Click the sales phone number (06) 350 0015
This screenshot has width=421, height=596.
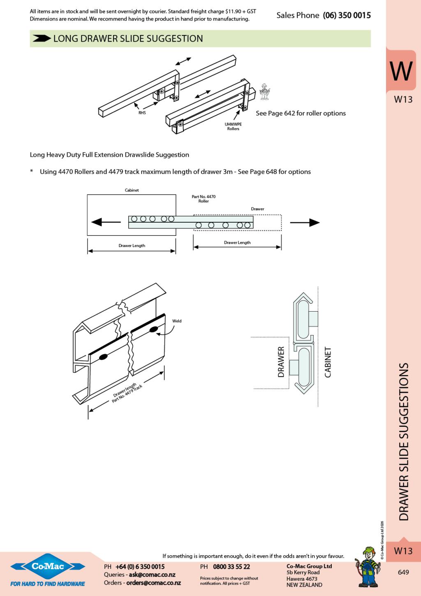click(x=347, y=15)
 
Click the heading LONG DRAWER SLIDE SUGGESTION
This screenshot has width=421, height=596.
click(x=128, y=39)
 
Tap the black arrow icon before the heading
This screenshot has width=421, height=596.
click(x=42, y=39)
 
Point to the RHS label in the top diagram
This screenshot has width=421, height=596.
click(x=142, y=113)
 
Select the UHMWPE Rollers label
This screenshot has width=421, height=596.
click(x=233, y=126)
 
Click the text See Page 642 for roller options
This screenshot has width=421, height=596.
click(x=301, y=113)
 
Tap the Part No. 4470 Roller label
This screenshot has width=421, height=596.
click(x=204, y=199)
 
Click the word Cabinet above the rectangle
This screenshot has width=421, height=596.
click(x=132, y=190)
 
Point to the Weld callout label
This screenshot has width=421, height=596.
click(x=177, y=321)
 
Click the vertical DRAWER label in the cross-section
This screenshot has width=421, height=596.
click(x=281, y=362)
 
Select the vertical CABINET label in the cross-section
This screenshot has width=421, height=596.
click(x=328, y=362)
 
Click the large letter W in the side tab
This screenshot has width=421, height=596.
click(x=401, y=71)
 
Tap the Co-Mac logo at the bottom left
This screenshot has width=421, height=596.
click(x=48, y=567)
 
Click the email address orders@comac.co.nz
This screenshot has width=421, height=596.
click(x=153, y=583)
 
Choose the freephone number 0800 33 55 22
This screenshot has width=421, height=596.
click(x=231, y=567)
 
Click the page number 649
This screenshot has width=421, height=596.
click(x=403, y=572)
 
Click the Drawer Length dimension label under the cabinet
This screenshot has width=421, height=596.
click(x=132, y=246)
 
